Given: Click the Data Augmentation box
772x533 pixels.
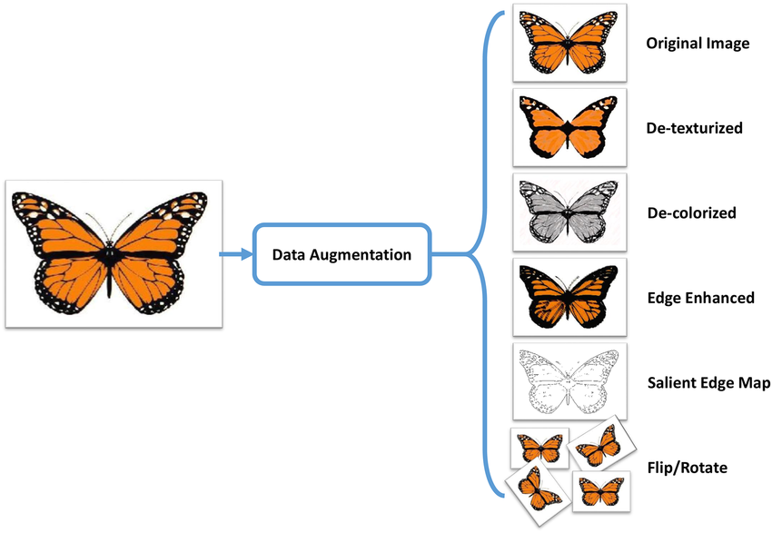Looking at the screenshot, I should (341, 254).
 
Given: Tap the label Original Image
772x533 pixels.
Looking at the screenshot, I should (698, 43).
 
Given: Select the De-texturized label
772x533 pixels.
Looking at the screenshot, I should (694, 128).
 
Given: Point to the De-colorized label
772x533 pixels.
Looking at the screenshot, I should (690, 213).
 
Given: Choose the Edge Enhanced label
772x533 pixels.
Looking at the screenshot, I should (700, 298).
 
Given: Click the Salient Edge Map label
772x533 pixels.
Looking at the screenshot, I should (708, 383).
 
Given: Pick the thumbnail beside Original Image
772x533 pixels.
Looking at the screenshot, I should (569, 42).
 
